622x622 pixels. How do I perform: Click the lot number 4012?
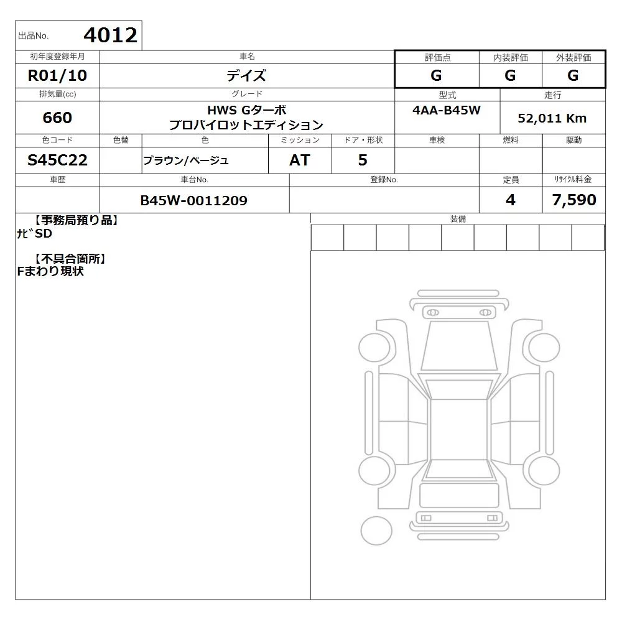pyautogui.click(x=111, y=35)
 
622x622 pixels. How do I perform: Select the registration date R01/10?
pyautogui.click(x=57, y=75)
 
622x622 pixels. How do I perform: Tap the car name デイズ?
pyautogui.click(x=246, y=75)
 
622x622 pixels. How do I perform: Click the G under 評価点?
pyautogui.click(x=437, y=75)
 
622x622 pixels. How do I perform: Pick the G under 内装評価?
pyautogui.click(x=510, y=75)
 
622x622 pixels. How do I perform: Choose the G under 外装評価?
pyautogui.click(x=573, y=75)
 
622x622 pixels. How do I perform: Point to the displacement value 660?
pyautogui.click(x=57, y=118)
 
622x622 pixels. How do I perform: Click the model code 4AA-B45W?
pyautogui.click(x=447, y=110)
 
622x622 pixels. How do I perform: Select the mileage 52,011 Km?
pyautogui.click(x=552, y=118)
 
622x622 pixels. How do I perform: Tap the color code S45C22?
pyautogui.click(x=57, y=160)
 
